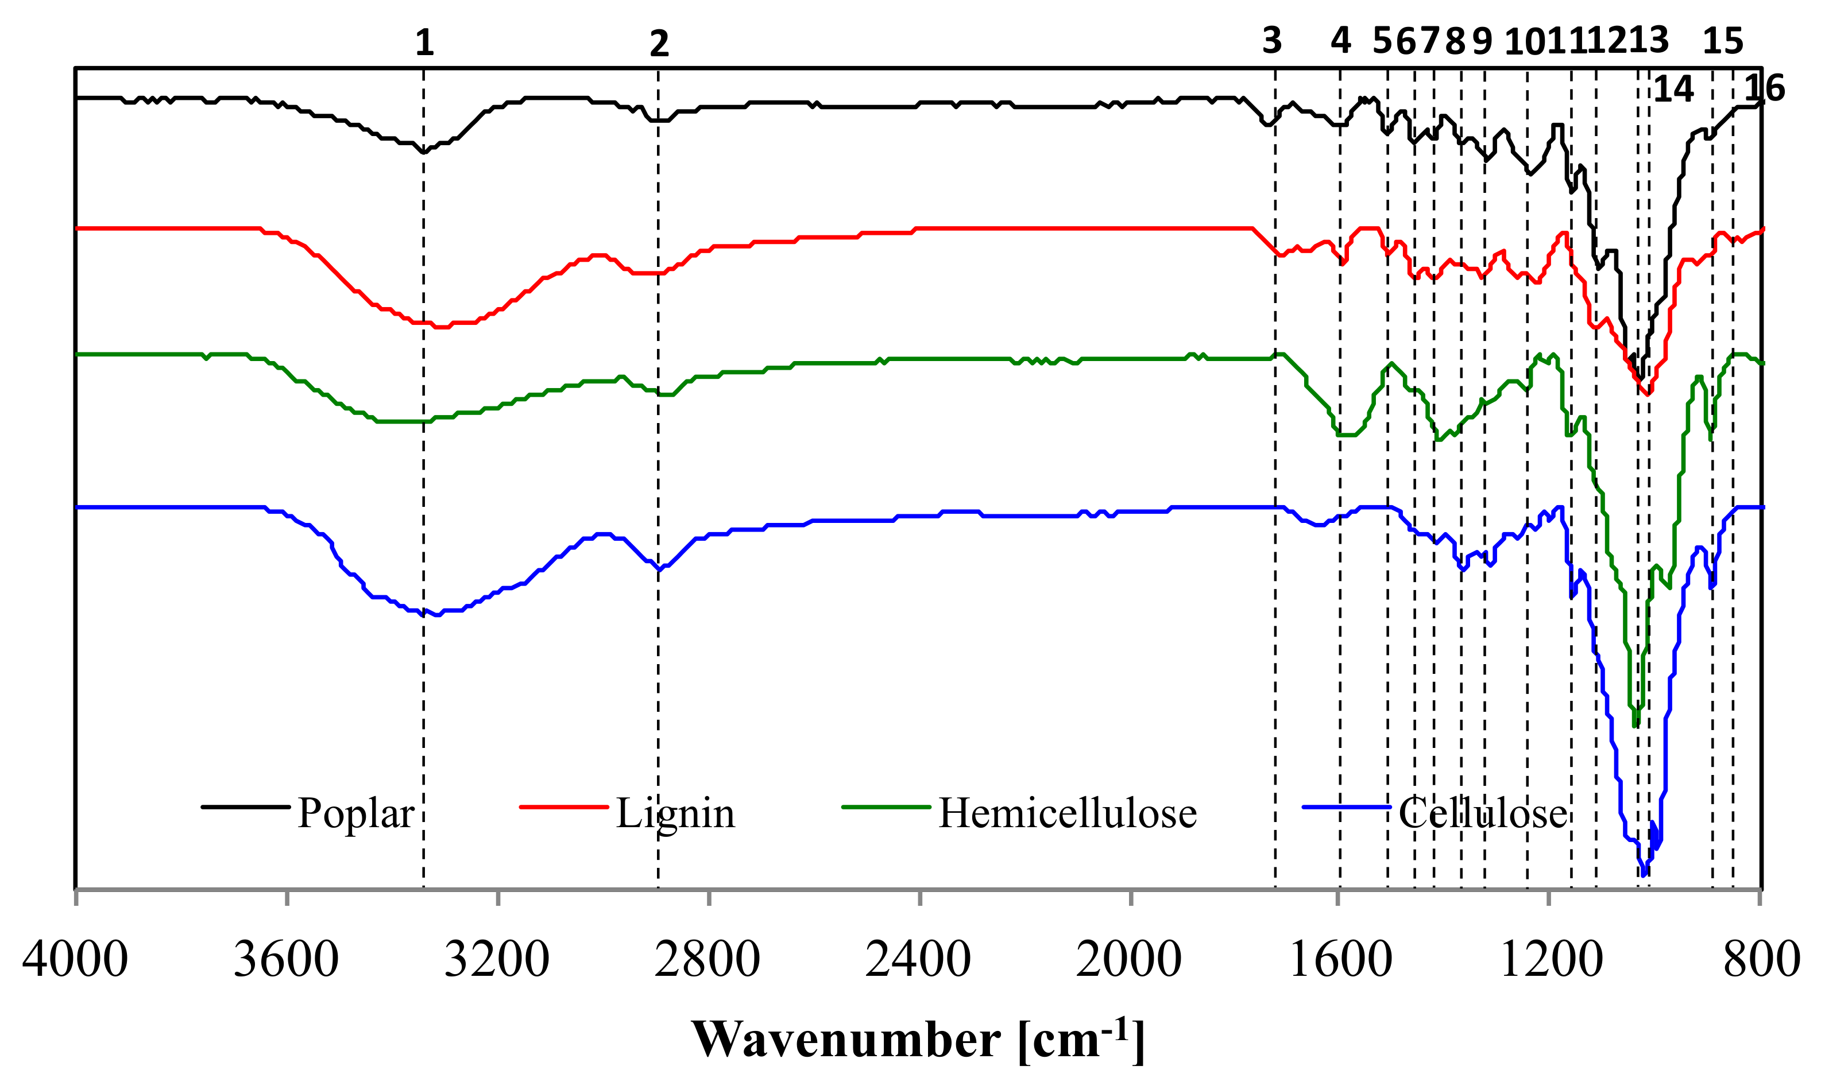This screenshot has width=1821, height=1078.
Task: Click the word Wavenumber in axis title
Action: [x=846, y=1040]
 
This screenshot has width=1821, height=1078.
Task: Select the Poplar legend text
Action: [x=355, y=813]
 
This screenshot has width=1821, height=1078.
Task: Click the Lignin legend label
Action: [x=675, y=813]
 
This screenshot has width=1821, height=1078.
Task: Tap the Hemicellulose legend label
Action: [x=1068, y=813]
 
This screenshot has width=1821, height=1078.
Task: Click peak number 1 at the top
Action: [x=424, y=43]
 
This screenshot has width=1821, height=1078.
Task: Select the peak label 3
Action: [x=1271, y=41]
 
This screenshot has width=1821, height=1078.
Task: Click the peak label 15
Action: [x=1723, y=41]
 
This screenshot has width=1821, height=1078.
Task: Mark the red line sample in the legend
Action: [x=564, y=807]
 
